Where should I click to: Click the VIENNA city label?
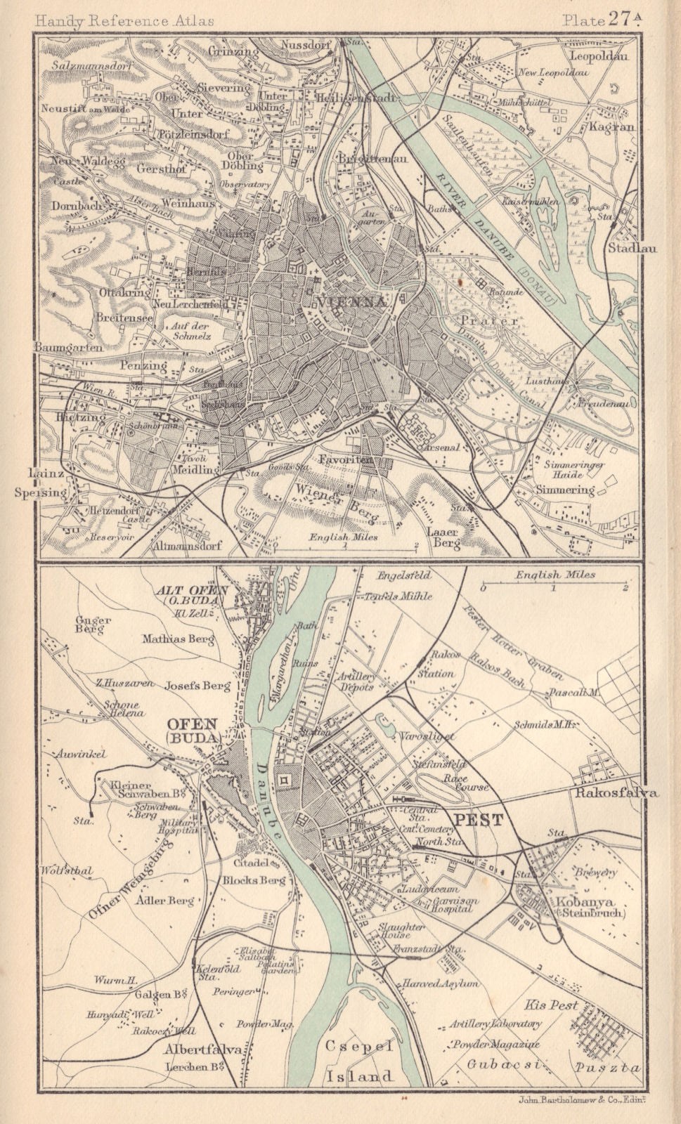click(352, 302)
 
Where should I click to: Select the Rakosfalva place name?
click(616, 793)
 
